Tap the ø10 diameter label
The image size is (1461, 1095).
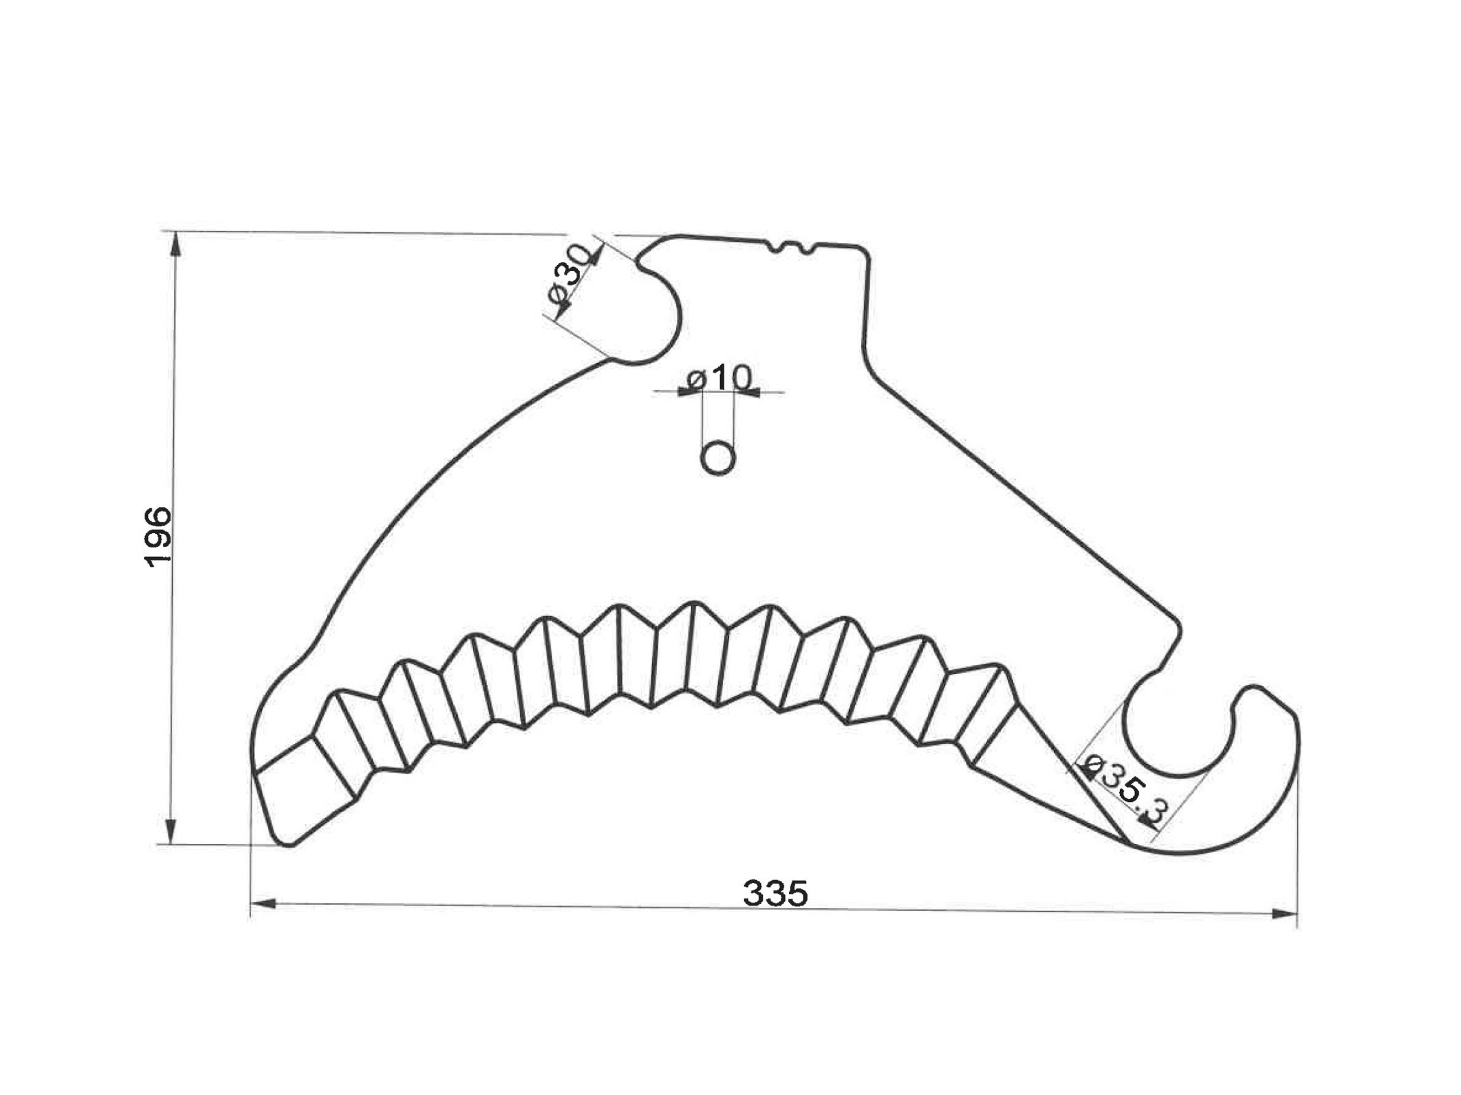[x=719, y=378]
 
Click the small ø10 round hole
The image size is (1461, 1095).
[x=718, y=458]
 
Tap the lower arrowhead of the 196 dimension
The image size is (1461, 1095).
[x=170, y=830]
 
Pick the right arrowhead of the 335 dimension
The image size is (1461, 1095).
[x=1284, y=914]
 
